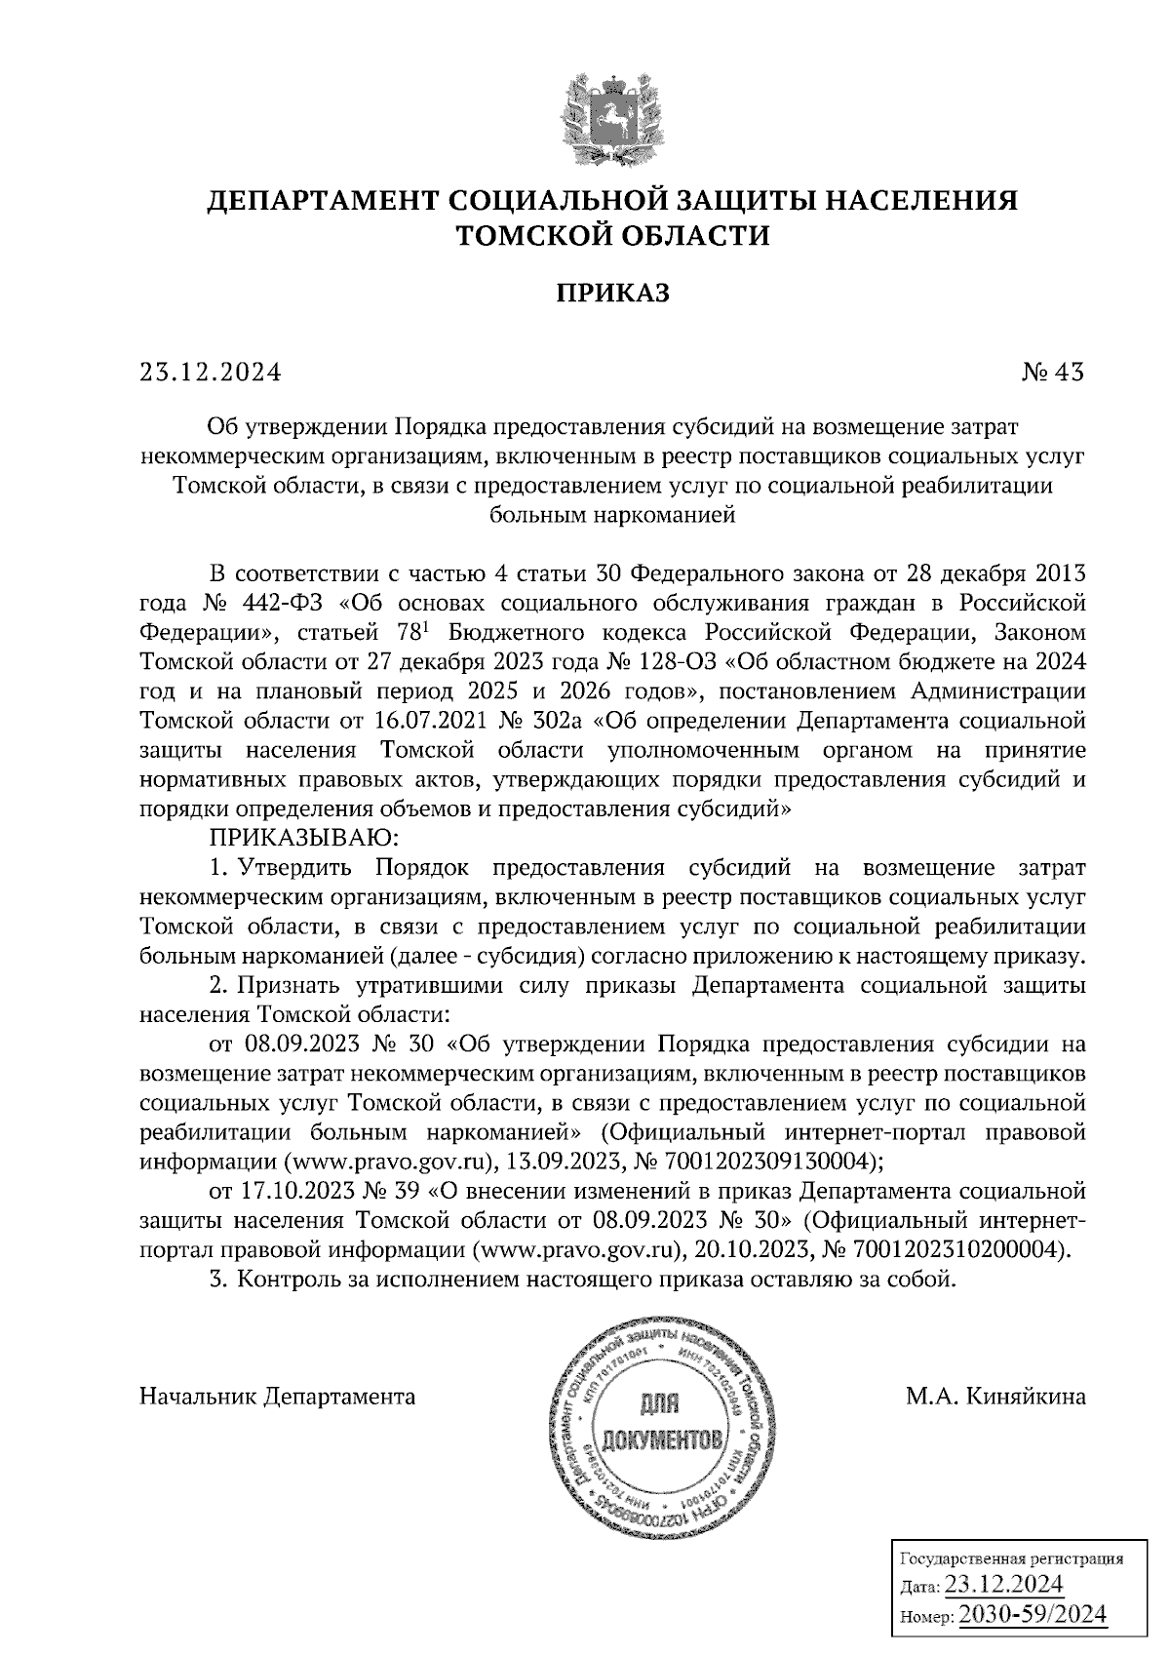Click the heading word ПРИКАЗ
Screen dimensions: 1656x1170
[612, 293]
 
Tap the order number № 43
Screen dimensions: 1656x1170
[1052, 373]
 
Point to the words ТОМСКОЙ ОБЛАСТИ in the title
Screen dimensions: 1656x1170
[612, 235]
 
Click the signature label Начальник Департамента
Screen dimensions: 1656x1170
[279, 1397]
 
